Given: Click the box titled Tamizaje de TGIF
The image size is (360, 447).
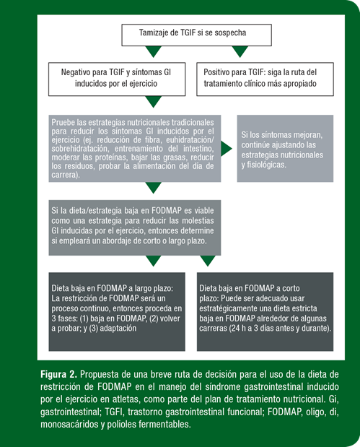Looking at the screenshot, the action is click(x=196, y=35).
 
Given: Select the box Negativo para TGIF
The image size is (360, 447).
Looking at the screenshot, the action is click(x=117, y=79).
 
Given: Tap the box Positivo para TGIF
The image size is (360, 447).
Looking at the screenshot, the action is click(x=265, y=79).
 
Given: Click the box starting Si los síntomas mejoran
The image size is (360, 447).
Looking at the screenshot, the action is click(x=285, y=149).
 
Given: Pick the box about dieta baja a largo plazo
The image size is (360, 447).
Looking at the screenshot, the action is click(x=117, y=311).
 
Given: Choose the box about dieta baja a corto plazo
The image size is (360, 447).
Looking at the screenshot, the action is click(x=265, y=311).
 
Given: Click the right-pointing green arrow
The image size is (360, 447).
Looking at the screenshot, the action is click(x=227, y=149).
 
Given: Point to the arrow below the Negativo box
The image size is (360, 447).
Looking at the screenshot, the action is click(x=153, y=102).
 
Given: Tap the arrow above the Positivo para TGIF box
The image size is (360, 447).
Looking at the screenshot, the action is click(x=240, y=52).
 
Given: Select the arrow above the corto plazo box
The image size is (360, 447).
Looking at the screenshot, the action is click(x=208, y=261).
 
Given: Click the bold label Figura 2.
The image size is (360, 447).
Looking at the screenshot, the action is click(x=58, y=374).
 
